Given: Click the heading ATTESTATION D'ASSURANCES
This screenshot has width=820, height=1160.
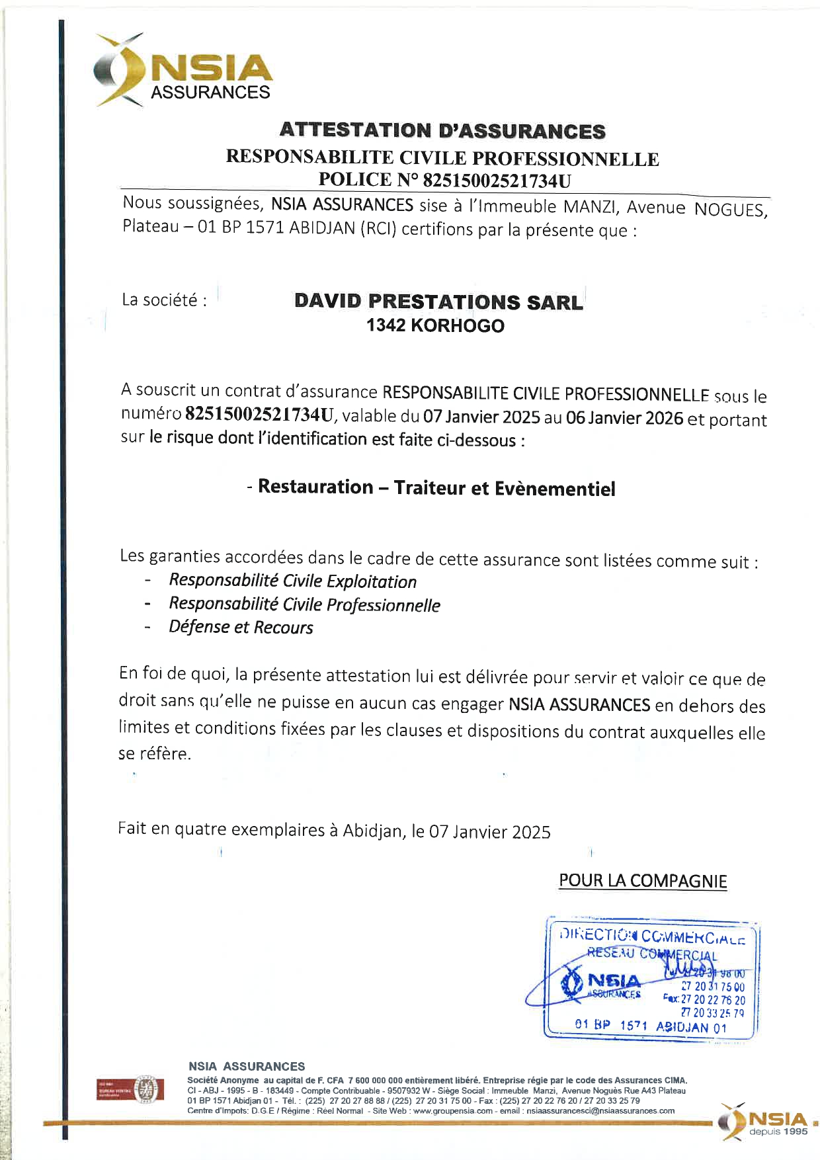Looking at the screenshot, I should (x=442, y=131).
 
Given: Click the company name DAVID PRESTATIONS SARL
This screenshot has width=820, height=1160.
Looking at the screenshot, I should (x=438, y=302).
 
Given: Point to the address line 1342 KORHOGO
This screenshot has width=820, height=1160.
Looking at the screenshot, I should (x=435, y=326).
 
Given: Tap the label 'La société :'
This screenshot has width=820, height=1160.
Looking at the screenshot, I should (x=164, y=300).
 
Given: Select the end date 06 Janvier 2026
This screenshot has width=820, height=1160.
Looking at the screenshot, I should (x=624, y=419).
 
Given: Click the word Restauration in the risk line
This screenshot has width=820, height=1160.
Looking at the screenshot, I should (x=315, y=487).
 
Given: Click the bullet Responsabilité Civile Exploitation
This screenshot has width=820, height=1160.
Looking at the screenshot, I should (x=292, y=581).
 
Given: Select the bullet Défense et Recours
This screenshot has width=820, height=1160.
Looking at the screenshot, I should (x=241, y=627).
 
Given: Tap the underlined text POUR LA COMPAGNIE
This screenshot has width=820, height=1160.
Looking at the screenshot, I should (x=643, y=881).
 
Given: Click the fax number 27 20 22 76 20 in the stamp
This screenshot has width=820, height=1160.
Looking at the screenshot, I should (x=712, y=1000).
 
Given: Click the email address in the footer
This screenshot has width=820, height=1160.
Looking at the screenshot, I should (x=600, y=1110).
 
